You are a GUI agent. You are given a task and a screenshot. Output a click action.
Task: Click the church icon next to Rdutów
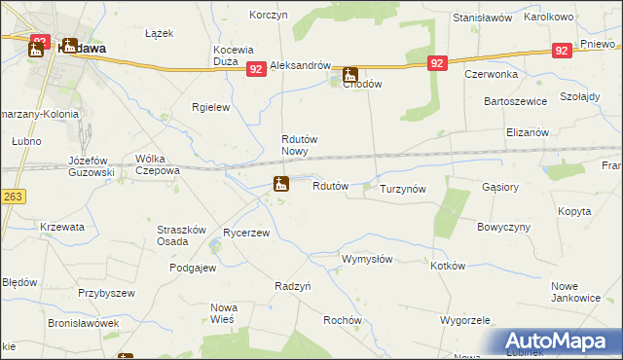280,183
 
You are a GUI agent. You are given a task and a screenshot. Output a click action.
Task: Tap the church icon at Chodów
349,74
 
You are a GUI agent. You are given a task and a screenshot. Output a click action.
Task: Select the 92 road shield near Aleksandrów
256,69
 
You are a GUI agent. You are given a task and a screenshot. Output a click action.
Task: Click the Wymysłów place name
366,260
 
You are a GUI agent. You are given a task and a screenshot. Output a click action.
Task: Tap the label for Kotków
448,266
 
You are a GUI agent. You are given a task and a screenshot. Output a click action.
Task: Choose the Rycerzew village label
246,234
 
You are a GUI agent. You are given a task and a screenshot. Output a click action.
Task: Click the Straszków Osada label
181,235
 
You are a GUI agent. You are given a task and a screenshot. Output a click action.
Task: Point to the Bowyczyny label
502,227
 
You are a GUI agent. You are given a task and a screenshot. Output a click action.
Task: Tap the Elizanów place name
528,132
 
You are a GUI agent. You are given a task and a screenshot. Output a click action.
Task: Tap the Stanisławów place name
482,18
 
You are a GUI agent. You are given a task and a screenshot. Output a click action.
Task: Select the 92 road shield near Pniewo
560,50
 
